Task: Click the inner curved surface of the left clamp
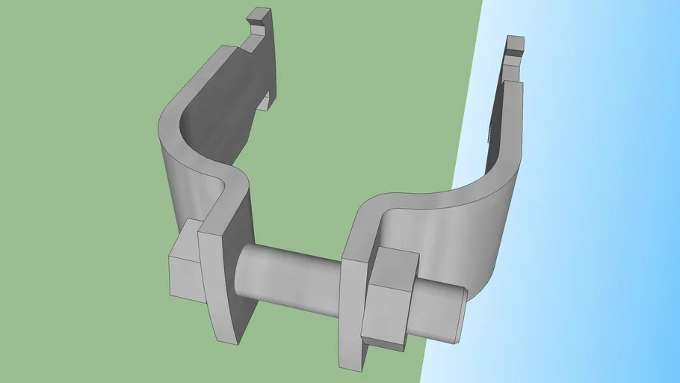point(217,127)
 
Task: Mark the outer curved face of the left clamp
point(179,187)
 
